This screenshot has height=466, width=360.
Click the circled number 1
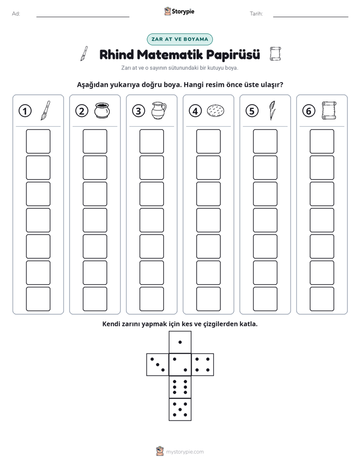click(25, 111)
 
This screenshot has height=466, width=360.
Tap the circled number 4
click(195, 111)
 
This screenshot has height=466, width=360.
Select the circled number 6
click(309, 111)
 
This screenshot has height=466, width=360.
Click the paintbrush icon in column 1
click(45, 110)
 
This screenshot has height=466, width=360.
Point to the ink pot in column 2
click(102, 110)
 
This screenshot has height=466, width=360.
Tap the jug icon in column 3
click(159, 110)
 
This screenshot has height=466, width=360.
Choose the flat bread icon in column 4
click(215, 110)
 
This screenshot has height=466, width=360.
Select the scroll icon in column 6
click(329, 110)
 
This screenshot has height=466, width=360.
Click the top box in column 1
click(38, 141)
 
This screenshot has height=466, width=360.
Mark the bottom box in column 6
click(322, 299)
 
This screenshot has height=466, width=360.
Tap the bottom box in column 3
click(151, 299)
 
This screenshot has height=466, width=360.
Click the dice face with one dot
click(180, 342)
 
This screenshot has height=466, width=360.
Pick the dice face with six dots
click(180, 387)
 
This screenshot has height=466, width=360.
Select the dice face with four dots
click(203, 364)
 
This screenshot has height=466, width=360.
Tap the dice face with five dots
click(180, 409)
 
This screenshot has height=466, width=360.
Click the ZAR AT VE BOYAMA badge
click(179, 39)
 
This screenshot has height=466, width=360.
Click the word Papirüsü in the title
click(233, 54)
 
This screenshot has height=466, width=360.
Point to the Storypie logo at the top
click(179, 12)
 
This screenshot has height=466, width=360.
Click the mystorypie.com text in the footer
click(185, 452)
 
